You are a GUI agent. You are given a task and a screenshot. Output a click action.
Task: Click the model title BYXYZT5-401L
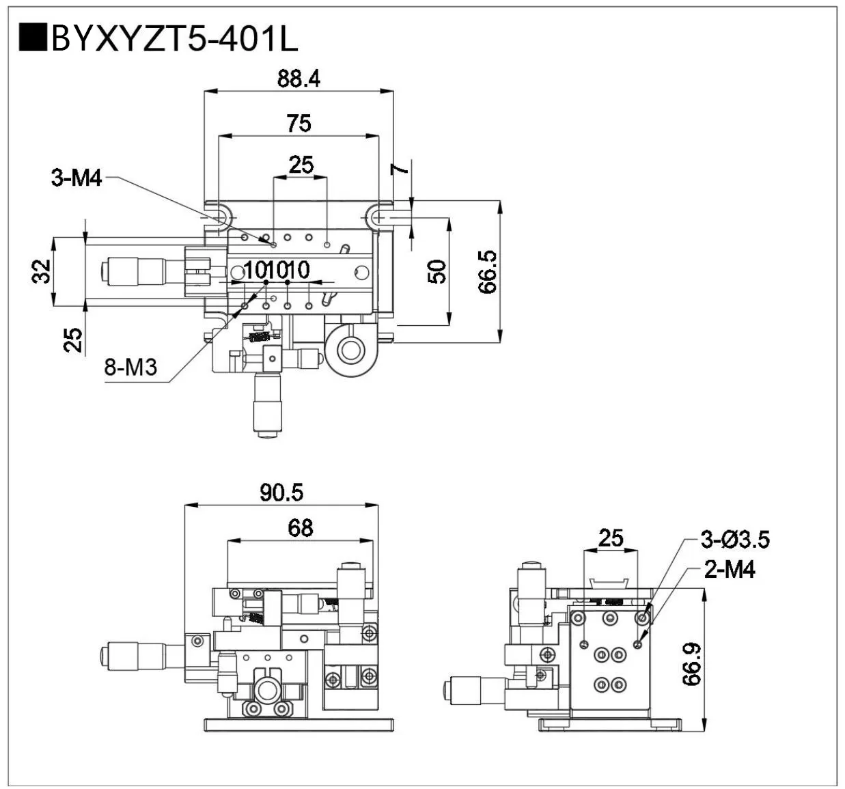coord(174,40)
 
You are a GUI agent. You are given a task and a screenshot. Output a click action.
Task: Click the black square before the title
coord(32,38)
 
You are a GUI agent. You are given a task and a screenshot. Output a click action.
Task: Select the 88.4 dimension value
coord(299,79)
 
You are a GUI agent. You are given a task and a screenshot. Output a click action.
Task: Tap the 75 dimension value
coord(299,124)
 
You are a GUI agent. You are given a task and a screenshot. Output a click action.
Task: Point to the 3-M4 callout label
coord(76,178)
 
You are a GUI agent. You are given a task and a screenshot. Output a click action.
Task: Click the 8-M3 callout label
coord(130,368)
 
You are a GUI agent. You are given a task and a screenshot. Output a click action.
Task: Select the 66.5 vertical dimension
coord(488,272)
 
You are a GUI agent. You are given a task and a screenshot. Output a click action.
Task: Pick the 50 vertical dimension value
coord(437,272)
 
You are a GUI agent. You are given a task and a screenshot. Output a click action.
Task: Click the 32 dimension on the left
coord(42,271)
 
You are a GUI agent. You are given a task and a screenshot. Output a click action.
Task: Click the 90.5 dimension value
coord(281,493)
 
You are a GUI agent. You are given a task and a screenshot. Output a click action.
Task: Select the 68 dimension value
coord(300,527)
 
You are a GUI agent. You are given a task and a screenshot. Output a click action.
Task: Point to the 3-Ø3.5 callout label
coord(735,540)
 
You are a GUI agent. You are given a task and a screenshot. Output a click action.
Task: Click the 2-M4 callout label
coord(730,569)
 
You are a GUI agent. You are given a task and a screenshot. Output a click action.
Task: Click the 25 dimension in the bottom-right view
coord(611,538)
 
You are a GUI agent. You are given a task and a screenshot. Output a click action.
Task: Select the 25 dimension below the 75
coord(301,165)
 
